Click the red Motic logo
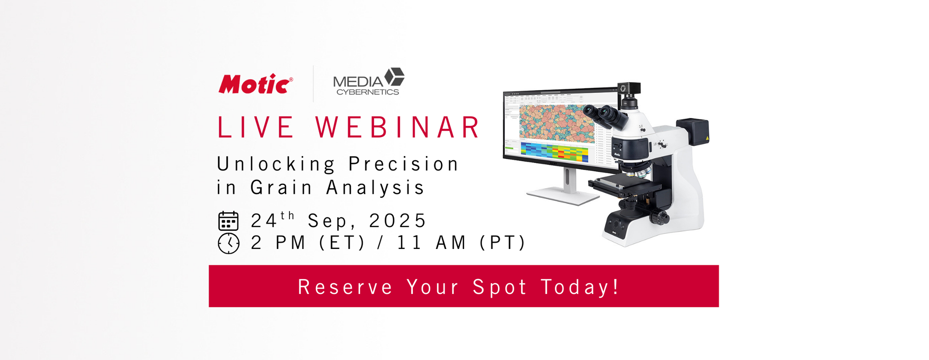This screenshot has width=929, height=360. click(255, 84)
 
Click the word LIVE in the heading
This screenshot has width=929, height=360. click(255, 128)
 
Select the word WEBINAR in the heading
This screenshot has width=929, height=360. click(398, 128)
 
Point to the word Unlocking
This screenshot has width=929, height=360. click(276, 164)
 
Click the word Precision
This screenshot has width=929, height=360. click(404, 164)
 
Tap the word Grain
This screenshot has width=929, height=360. click(281, 188)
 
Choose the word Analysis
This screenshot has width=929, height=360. click(375, 188)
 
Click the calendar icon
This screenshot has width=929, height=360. click(229, 221)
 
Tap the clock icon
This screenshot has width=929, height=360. click(229, 243)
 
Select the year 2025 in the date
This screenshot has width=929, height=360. click(398, 221)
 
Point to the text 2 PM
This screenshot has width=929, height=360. click(278, 243)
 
